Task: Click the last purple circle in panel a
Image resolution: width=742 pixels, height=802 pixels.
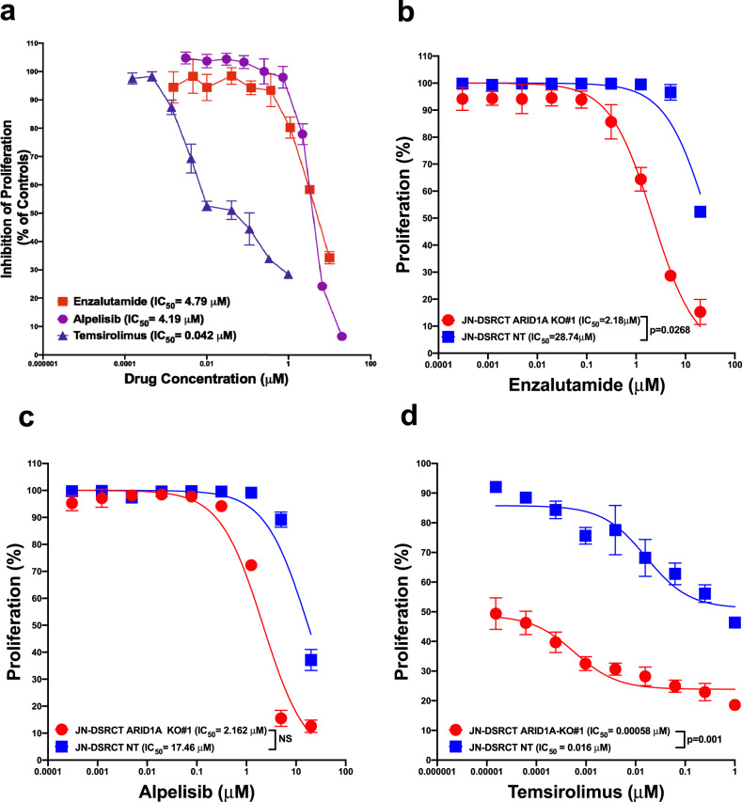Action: click(341, 337)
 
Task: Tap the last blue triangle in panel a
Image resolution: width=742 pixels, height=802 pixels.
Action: click(288, 275)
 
